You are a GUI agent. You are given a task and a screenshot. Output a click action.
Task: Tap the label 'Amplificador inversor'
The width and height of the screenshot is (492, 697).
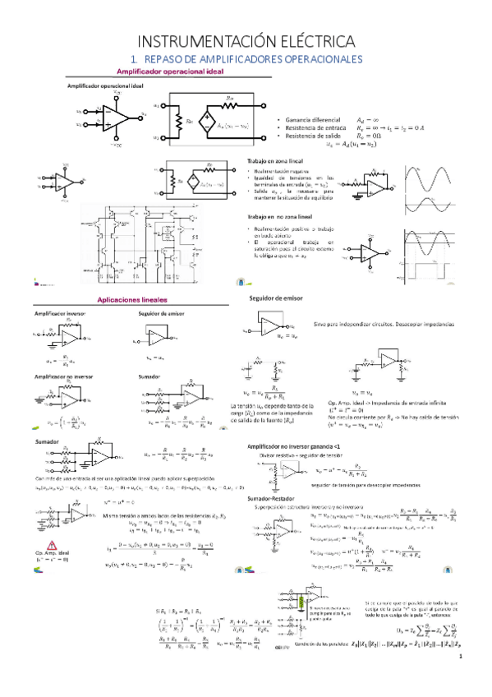(x=59, y=314)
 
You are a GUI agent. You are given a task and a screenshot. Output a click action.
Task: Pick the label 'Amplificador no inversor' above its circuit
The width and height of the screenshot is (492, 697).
(x=64, y=375)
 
